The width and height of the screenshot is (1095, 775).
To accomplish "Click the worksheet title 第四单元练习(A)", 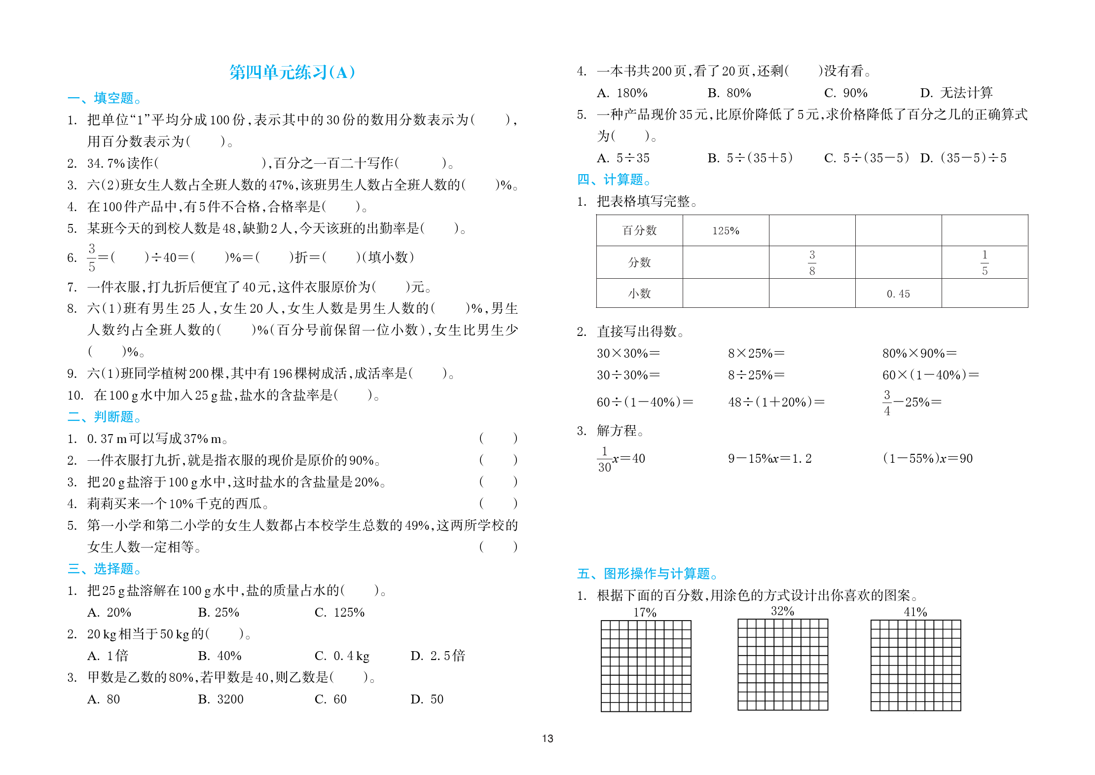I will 292,73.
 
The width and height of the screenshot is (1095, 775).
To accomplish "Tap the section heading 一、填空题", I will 105,98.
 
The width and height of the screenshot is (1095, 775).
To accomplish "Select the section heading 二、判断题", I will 105,417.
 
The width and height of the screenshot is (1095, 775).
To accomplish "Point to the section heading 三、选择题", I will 105,569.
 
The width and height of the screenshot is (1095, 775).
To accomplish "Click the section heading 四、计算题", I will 614,180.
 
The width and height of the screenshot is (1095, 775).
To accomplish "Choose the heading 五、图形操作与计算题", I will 647,573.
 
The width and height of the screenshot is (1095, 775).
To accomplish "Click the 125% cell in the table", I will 726,231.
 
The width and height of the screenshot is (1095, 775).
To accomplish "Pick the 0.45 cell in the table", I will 898,294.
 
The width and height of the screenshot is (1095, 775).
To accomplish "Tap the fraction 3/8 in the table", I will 812,262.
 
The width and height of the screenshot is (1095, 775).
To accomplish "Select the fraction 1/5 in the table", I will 985,262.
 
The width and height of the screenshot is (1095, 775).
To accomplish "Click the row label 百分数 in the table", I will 639,231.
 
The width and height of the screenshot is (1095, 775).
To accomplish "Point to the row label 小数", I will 639,294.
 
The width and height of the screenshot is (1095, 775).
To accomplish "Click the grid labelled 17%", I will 646,666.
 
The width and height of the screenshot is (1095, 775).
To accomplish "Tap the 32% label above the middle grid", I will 782,611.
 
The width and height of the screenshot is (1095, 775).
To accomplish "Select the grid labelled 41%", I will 915,666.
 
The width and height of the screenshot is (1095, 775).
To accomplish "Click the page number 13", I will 547,738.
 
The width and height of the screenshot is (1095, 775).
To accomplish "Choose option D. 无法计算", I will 956,93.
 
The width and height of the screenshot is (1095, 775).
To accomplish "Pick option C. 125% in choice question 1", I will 339,612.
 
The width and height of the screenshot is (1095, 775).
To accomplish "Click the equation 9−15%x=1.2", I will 769,459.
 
